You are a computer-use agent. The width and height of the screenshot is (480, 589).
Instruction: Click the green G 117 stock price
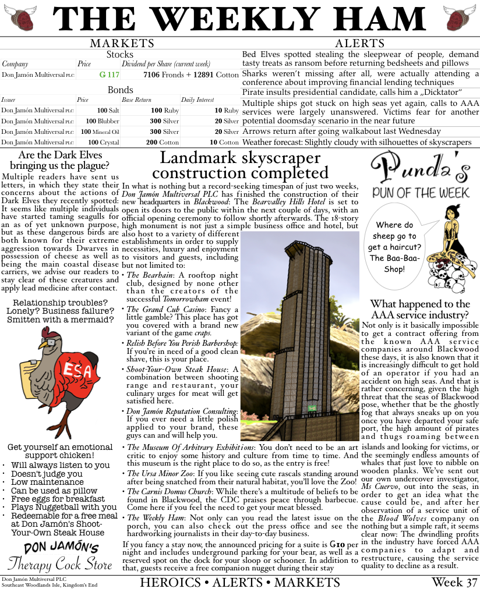(x=110, y=75)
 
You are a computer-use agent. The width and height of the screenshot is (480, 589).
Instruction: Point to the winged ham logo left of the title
(x=18, y=19)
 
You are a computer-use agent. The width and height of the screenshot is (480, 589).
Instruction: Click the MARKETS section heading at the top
(x=122, y=44)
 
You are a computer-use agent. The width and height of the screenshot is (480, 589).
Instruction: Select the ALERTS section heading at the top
(x=360, y=44)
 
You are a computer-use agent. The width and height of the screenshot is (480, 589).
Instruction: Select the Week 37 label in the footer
(x=454, y=582)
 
